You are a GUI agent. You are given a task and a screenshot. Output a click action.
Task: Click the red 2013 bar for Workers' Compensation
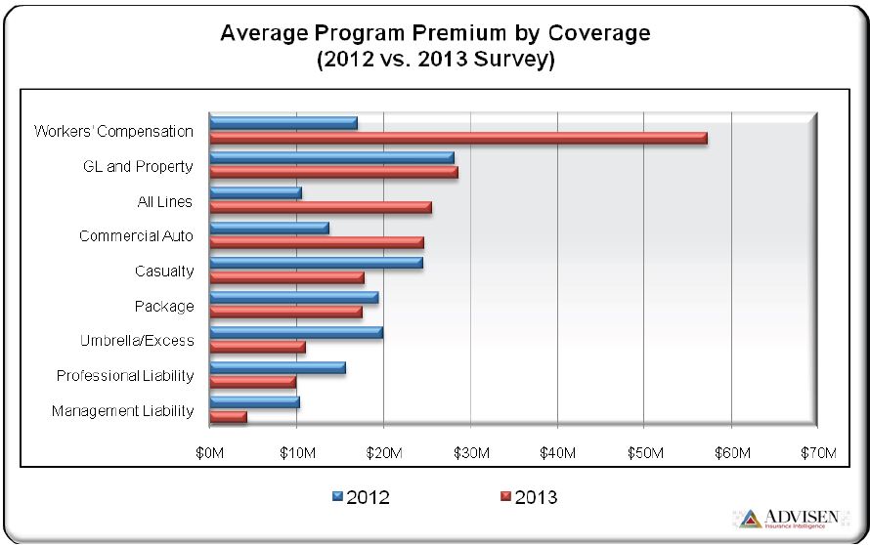[457, 139]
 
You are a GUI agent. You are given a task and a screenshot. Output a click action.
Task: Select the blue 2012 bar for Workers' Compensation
[283, 123]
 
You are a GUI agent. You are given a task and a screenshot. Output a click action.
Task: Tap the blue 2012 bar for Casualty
[316, 263]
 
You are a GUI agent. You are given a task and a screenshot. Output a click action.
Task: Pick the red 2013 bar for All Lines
[321, 207]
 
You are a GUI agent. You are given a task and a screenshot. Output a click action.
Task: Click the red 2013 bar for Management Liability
[228, 417]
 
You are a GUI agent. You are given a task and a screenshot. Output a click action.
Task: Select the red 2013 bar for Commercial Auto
[317, 241]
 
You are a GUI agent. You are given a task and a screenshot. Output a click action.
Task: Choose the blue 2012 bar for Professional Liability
[278, 367]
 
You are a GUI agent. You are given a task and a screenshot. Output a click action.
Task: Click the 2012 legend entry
[361, 497]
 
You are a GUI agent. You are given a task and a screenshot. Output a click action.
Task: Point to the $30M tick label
[469, 453]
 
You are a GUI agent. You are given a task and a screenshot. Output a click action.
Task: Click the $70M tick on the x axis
[817, 453]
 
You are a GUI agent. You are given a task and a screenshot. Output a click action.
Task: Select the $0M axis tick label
[209, 453]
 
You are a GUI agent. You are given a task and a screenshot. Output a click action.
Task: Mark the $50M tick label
[643, 453]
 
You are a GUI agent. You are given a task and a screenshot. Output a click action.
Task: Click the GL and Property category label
[138, 166]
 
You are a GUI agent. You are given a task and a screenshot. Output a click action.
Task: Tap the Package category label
[164, 307]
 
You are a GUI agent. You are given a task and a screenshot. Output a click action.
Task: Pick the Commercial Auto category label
[136, 236]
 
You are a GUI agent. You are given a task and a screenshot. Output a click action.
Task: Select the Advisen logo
[792, 519]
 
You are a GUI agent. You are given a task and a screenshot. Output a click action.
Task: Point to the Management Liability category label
[122, 411]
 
